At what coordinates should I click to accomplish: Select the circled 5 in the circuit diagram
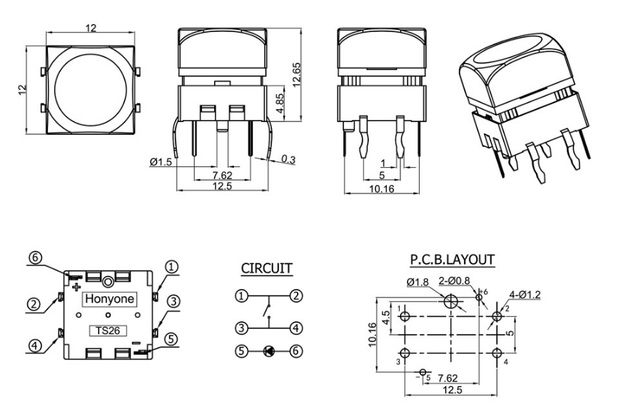[x=243, y=350]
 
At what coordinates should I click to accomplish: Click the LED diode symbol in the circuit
[x=268, y=350]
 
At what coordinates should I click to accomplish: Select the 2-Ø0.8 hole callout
[x=453, y=281]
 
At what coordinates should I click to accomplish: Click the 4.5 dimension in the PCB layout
[x=385, y=317]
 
